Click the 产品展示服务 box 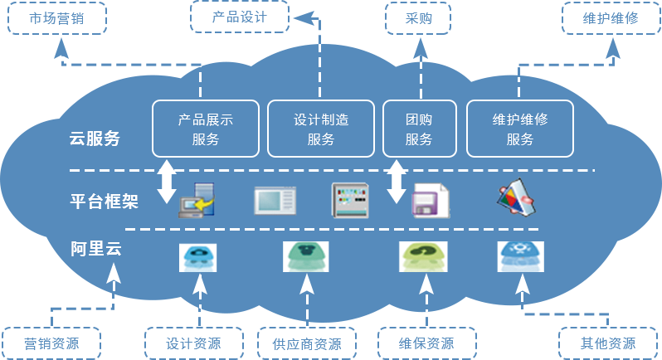[206, 129]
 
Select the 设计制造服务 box [321, 129]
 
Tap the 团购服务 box [419, 129]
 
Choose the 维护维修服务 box [520, 129]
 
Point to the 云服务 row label [95, 139]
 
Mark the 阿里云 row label [96, 248]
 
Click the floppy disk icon [430, 200]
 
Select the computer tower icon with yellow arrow [197, 200]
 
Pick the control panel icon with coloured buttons [349, 200]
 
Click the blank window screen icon [275, 200]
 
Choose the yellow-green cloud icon [423, 256]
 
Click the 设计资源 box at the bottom [194, 343]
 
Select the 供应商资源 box [304, 343]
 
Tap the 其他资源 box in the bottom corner [609, 343]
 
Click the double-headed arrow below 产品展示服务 [168, 182]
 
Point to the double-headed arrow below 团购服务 [397, 182]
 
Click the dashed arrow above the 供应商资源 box [307, 299]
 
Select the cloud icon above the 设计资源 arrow [199, 256]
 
